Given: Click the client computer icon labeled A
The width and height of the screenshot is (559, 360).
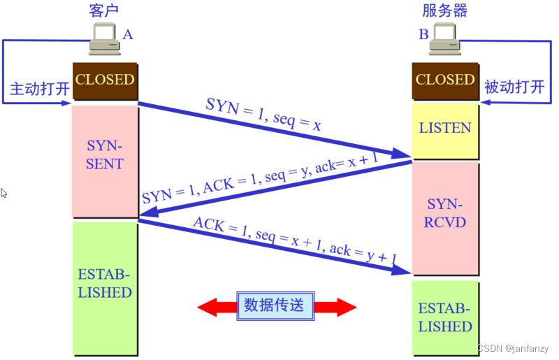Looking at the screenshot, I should click(103, 39).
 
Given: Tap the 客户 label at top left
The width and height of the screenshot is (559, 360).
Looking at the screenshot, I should click(104, 10).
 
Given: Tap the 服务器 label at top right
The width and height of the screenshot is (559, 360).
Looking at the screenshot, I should click(445, 10).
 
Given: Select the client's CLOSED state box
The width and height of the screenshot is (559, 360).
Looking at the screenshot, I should click(105, 80).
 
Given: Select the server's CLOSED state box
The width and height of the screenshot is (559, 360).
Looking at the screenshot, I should click(445, 80).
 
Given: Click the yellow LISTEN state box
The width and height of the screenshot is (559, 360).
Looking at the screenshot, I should click(445, 129).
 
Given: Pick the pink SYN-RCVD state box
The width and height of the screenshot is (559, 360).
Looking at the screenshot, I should click(445, 214).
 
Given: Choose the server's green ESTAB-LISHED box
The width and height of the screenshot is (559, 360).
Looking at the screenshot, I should click(445, 317).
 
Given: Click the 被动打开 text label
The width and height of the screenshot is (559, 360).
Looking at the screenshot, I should click(514, 87).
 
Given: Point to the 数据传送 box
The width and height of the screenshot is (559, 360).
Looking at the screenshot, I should click(277, 305).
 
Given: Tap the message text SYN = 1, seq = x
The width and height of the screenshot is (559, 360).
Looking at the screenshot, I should click(263, 115).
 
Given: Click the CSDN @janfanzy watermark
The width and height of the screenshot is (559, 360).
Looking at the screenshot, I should click(514, 348).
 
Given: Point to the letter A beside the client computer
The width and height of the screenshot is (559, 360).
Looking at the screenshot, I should click(128, 34).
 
